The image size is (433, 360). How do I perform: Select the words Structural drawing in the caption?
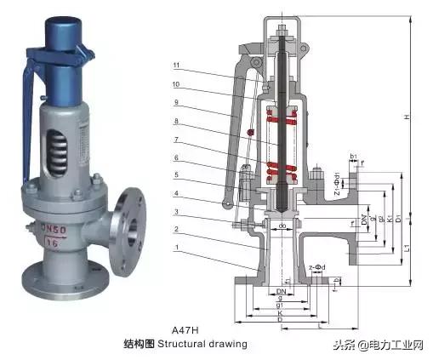coord(210,344)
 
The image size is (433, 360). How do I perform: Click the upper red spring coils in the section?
coord(282,114)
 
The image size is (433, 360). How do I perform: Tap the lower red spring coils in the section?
coord(282,172)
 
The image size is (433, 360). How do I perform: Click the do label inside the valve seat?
coord(282,225)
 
